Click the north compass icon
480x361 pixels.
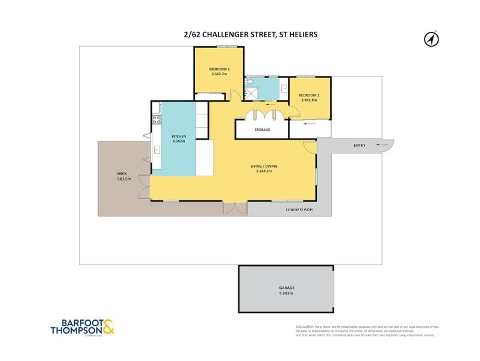coord(431,39)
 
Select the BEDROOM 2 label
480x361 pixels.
coord(309,96)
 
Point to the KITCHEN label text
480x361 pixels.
coord(179,136)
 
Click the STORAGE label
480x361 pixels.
coord(262,129)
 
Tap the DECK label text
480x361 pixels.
coord(122,174)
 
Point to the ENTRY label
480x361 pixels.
coord(360,145)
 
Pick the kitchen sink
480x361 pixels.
coord(157,150)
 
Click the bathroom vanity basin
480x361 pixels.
coord(283,88)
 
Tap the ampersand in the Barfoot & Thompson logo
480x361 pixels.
coord(107,327)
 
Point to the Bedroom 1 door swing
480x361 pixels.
coord(233,96)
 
